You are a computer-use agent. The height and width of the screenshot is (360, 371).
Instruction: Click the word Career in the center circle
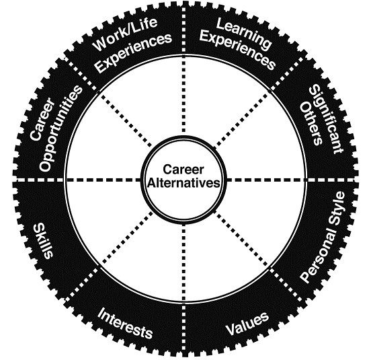tap(183, 170)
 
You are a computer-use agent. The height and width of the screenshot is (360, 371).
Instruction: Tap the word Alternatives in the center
tap(183, 183)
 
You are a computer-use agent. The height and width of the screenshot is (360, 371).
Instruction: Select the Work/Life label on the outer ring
tap(126, 33)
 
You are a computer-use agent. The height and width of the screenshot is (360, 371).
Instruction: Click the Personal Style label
tap(323, 237)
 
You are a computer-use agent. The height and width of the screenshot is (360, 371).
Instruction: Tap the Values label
tap(247, 324)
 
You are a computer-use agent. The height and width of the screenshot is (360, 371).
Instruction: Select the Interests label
tap(125, 323)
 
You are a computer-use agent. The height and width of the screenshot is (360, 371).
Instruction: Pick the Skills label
tap(44, 241)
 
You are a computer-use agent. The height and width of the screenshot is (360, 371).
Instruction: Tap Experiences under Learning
tap(237, 50)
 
